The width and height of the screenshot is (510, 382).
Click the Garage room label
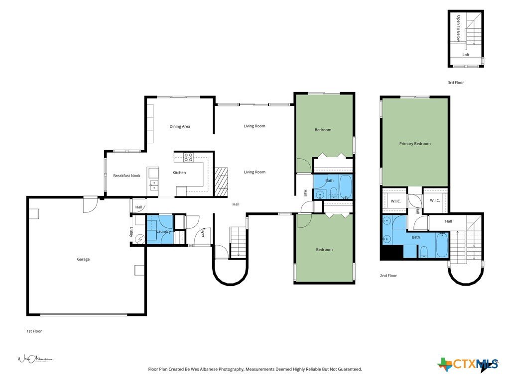tap(83, 259)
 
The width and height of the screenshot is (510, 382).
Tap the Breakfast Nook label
tap(127, 176)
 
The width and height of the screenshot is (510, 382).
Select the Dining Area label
tap(180, 126)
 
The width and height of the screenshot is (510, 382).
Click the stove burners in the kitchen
tap(188, 157)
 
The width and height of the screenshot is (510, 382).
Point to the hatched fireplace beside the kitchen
tap(221, 182)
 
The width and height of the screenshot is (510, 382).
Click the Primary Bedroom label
tap(415, 144)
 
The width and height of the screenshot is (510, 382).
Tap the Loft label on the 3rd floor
tap(466, 55)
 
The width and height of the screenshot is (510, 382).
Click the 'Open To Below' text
tap(458, 28)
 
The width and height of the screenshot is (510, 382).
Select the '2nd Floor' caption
tap(388, 276)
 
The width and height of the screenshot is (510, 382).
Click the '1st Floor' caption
tap(34, 331)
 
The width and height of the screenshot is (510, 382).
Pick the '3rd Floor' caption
tap(456, 83)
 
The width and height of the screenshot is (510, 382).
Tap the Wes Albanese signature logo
tap(34, 359)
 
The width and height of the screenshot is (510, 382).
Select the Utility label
tap(131, 232)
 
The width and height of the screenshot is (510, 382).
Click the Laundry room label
tap(163, 232)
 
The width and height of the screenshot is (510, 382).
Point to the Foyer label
tap(203, 232)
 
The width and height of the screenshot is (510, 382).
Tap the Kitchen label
tap(179, 173)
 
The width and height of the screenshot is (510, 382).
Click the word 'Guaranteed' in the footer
tap(350, 370)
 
